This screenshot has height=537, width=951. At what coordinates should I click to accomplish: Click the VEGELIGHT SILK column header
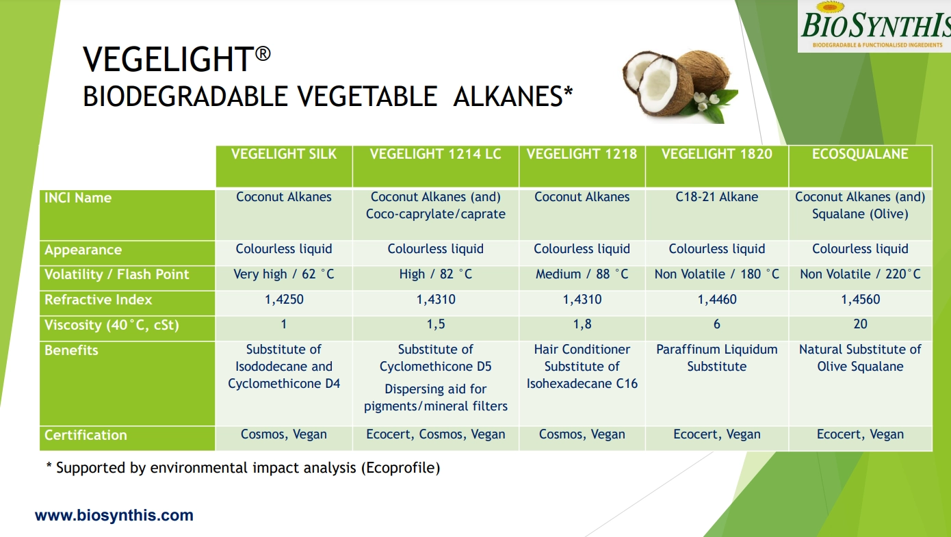tap(284, 154)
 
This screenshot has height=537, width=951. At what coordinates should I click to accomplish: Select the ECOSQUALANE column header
tap(860, 154)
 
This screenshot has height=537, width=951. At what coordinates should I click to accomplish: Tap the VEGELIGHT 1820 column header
tap(716, 154)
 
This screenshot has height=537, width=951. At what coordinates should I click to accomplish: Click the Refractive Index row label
tap(98, 300)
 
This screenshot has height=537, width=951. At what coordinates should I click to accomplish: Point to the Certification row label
tap(86, 435)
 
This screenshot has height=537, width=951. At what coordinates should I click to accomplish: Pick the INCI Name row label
tap(78, 198)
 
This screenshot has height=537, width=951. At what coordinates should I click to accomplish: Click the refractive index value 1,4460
tap(717, 300)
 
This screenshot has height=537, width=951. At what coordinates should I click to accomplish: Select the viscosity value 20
tap(860, 324)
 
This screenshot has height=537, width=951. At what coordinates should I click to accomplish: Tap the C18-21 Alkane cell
tap(716, 197)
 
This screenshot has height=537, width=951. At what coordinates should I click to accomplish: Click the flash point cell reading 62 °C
tap(284, 274)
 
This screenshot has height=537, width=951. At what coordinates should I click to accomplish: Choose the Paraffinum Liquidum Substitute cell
tap(716, 358)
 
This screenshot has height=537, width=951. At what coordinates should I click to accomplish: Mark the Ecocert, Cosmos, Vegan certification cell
tap(436, 434)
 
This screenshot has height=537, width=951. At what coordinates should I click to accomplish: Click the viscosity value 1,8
tap(582, 324)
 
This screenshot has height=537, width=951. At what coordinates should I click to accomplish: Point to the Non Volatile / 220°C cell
tap(860, 274)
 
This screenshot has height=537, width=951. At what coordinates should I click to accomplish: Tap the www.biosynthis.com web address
tap(114, 515)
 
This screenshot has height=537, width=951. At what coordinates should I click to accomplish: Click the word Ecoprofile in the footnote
tap(400, 468)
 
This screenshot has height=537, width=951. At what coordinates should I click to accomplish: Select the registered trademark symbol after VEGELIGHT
tap(263, 54)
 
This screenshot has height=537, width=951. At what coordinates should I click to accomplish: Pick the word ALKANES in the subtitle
tap(508, 96)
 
